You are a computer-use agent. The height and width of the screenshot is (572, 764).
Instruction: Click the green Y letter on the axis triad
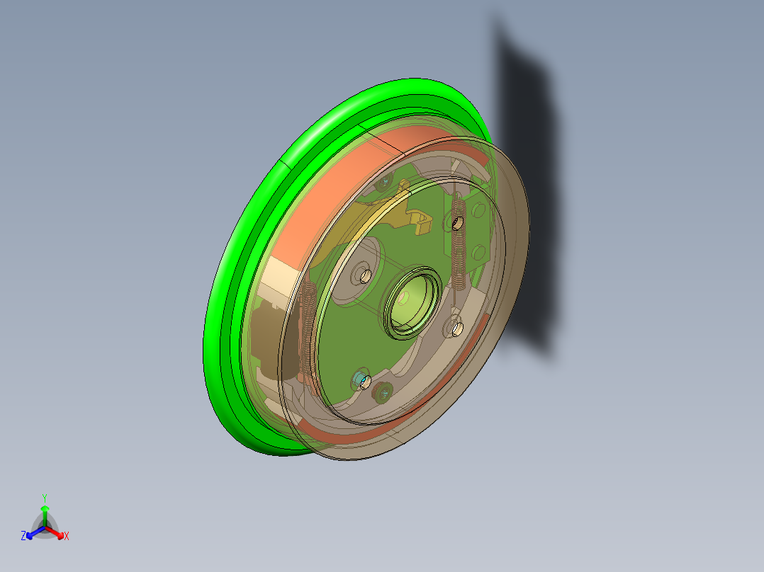[45, 497]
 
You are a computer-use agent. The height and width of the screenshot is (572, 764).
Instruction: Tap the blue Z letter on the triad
[23, 536]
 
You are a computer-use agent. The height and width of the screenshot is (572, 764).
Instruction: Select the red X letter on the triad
[67, 537]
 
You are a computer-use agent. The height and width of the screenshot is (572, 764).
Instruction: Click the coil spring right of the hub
[459, 244]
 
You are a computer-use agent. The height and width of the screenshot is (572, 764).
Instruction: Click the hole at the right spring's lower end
[457, 328]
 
